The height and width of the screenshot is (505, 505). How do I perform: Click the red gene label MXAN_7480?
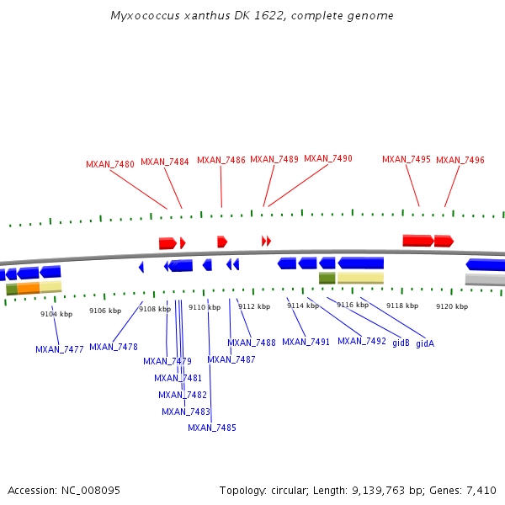click(x=110, y=164)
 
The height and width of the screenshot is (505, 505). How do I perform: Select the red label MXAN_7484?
click(x=165, y=162)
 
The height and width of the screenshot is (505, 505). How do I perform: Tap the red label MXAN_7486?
click(x=221, y=160)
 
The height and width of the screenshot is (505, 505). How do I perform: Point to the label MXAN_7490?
click(x=328, y=158)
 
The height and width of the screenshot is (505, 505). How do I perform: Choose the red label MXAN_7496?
click(x=460, y=160)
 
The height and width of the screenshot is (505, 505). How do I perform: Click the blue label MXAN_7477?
click(x=60, y=349)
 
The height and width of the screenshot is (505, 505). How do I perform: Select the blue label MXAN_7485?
click(x=212, y=428)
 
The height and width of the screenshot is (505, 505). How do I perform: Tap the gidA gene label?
click(x=425, y=343)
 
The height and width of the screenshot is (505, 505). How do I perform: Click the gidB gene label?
click(x=401, y=343)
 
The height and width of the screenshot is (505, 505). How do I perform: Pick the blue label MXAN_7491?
click(x=306, y=342)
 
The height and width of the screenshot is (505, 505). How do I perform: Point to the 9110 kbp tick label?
click(x=205, y=307)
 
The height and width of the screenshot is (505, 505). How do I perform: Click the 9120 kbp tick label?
click(x=452, y=306)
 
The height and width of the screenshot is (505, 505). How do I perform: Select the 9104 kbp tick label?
click(x=56, y=314)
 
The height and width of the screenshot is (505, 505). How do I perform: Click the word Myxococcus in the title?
click(x=142, y=16)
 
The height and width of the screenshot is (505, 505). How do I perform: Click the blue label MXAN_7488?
click(x=252, y=343)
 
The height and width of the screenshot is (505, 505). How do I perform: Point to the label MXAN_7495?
click(x=407, y=159)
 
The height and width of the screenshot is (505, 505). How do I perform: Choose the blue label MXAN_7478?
click(x=114, y=347)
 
